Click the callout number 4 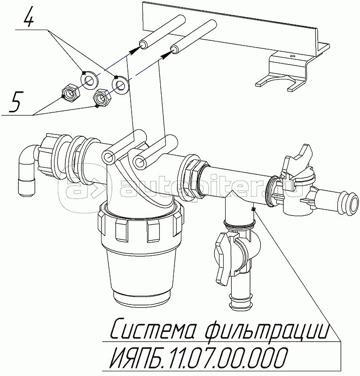[x=28, y=17]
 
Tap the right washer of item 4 [x=120, y=85]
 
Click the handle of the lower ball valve [x=223, y=259]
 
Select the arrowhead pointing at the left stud [x=134, y=50]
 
